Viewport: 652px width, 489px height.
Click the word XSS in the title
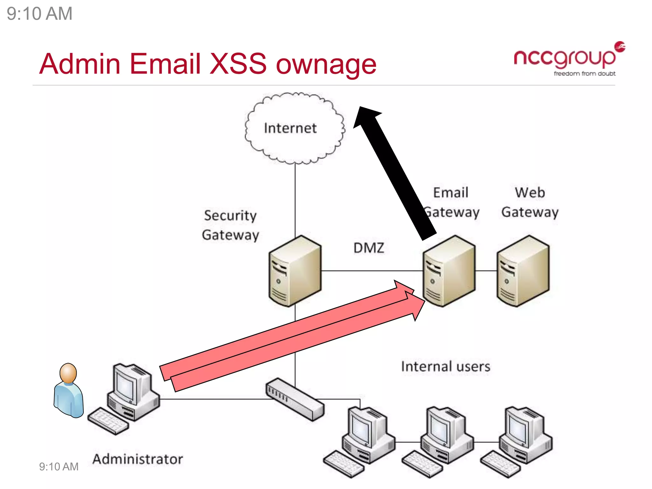click(x=238, y=64)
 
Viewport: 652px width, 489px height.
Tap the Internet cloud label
click(x=290, y=128)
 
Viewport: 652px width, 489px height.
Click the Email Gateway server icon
click(x=449, y=271)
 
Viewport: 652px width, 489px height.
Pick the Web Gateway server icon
click(x=523, y=271)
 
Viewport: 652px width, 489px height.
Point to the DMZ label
click(x=369, y=248)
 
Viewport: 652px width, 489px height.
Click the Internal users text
click(x=445, y=366)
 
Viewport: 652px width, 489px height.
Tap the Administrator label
click(x=138, y=459)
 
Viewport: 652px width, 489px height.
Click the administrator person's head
click(x=68, y=373)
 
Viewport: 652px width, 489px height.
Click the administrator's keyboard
click(x=108, y=421)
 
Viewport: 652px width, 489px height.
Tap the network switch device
click(x=295, y=399)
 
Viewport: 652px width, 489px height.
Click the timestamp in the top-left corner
click(x=39, y=14)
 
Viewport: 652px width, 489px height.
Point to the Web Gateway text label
click(x=530, y=202)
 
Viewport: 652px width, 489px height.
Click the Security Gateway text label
click(x=230, y=225)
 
